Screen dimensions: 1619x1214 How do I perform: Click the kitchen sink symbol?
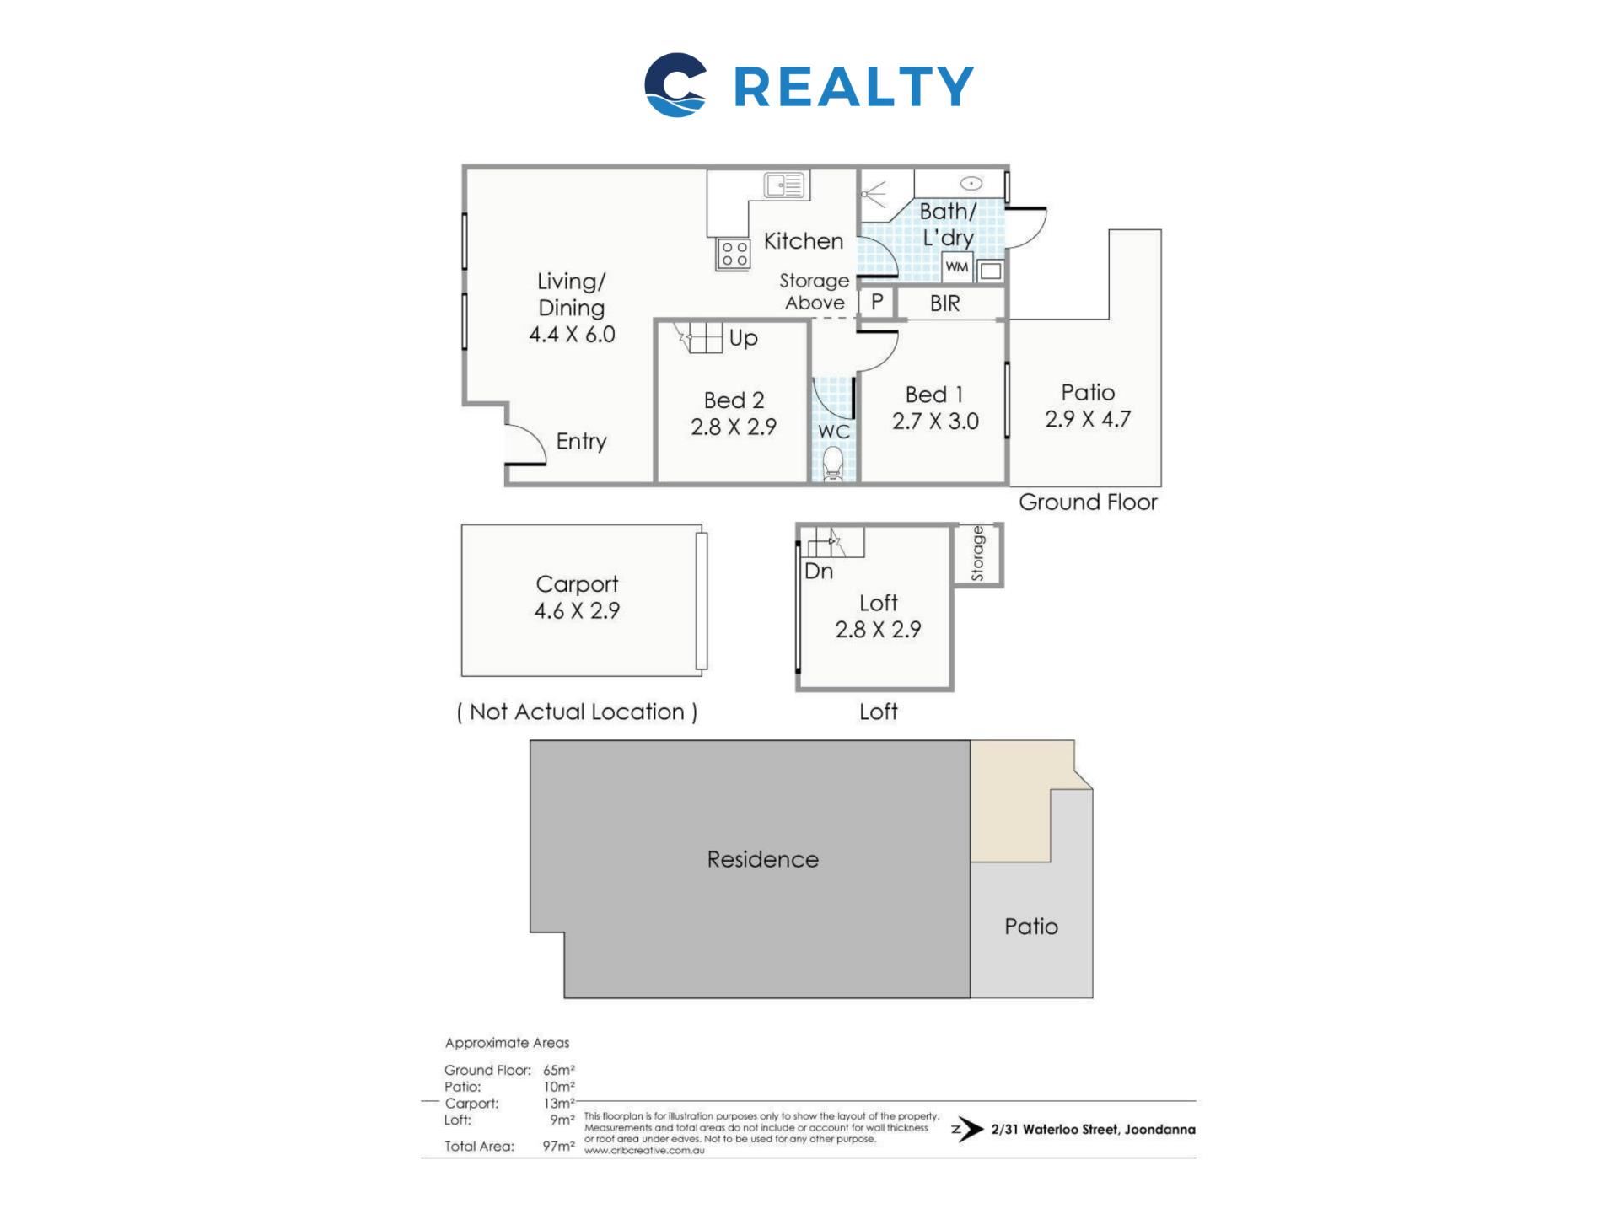tap(786, 185)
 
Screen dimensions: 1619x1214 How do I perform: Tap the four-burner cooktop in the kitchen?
tap(734, 253)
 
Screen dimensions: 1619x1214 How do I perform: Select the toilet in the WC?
tap(833, 464)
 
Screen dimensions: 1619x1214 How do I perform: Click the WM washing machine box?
tap(957, 267)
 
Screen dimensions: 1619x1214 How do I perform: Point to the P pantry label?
tap(877, 302)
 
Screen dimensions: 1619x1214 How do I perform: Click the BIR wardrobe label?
tap(944, 303)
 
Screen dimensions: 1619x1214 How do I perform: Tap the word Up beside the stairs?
tap(743, 339)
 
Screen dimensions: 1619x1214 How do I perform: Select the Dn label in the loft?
tap(819, 571)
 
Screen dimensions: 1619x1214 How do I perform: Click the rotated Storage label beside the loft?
tap(977, 553)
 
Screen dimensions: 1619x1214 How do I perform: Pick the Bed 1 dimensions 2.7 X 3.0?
tap(935, 422)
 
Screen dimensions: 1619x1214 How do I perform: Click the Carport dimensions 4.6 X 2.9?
tap(577, 610)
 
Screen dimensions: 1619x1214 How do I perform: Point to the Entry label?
tap(581, 441)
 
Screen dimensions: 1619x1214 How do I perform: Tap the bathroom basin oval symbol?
tap(971, 183)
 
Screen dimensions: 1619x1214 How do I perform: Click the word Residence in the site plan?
tap(762, 859)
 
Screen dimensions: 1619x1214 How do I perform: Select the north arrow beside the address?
tap(967, 1130)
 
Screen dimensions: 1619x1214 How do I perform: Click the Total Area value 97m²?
tap(558, 1146)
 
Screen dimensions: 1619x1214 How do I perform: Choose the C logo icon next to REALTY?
tap(675, 85)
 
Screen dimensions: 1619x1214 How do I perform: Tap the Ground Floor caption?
tap(1088, 502)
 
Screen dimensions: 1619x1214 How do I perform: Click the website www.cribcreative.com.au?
tap(644, 1151)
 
